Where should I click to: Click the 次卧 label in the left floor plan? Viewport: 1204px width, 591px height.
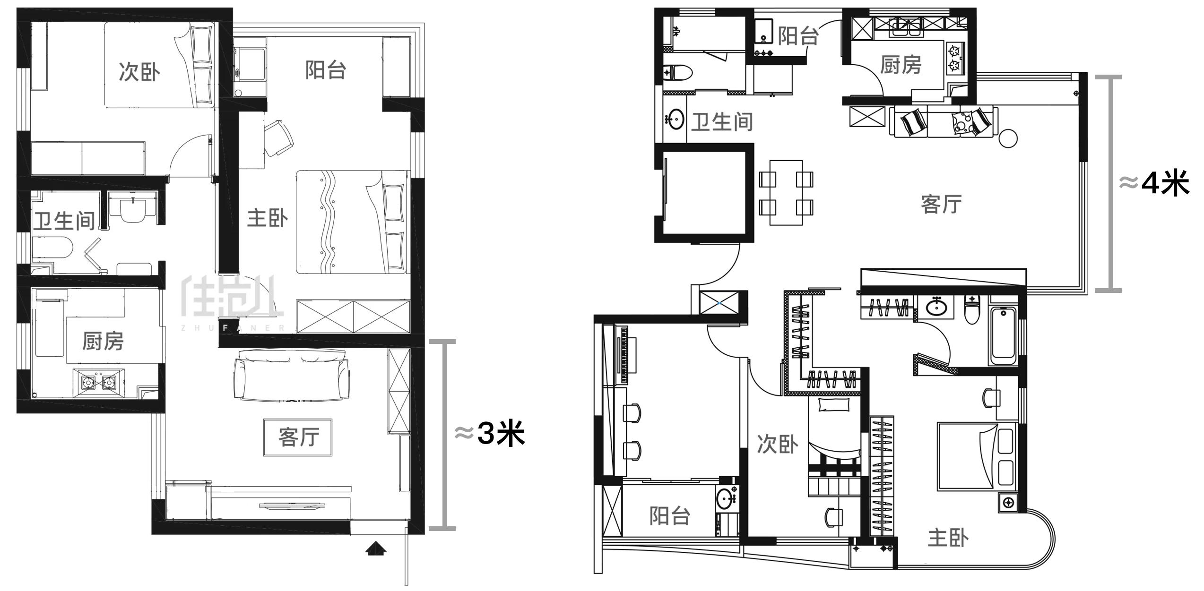pyautogui.click(x=139, y=72)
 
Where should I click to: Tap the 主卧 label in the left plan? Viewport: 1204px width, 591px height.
pyautogui.click(x=268, y=218)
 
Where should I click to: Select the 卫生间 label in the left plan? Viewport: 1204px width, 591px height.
pyautogui.click(x=64, y=220)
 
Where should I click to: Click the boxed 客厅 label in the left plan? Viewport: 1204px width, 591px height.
pyautogui.click(x=298, y=437)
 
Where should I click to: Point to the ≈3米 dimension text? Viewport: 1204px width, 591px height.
pyautogui.click(x=490, y=433)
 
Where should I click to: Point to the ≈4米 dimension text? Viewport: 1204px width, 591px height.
pyautogui.click(x=1154, y=183)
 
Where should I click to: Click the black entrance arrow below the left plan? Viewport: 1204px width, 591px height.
pyautogui.click(x=376, y=548)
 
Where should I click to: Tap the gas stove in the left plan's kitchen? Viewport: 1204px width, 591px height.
pyautogui.click(x=99, y=381)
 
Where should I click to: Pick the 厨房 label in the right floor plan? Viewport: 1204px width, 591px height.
pyautogui.click(x=901, y=65)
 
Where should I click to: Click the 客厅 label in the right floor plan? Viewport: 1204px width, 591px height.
pyautogui.click(x=941, y=204)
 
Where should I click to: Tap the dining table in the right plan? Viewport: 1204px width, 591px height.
pyautogui.click(x=786, y=193)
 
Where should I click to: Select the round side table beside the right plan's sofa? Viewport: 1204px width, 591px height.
pyautogui.click(x=1008, y=138)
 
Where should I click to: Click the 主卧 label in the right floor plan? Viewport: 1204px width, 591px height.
pyautogui.click(x=948, y=538)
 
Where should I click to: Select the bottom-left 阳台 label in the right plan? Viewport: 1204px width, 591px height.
pyautogui.click(x=669, y=516)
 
